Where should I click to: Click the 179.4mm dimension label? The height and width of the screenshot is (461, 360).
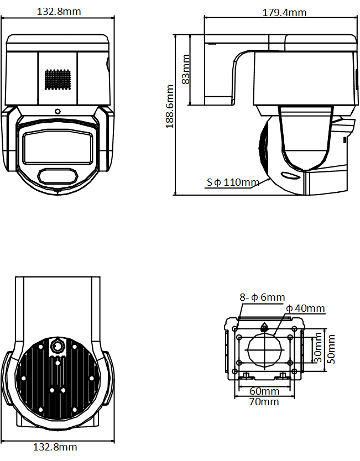[284, 12]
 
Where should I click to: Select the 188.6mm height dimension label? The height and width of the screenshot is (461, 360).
[170, 106]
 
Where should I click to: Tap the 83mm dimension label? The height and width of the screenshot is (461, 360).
[186, 69]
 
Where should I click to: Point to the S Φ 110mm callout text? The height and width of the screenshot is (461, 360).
[233, 182]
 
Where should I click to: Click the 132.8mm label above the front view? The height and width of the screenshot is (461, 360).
[59, 12]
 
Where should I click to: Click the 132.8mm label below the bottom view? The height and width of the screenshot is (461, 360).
[55, 447]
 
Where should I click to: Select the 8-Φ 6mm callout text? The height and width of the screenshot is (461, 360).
[262, 297]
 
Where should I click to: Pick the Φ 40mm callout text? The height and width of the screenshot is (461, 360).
[305, 308]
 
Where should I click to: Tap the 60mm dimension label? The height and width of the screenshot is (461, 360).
[264, 391]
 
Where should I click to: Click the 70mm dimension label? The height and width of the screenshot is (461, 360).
[264, 401]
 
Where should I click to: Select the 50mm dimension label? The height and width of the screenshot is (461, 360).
[331, 348]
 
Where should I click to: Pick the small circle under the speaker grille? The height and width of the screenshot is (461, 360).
[58, 111]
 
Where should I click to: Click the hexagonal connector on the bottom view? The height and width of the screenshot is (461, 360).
[58, 347]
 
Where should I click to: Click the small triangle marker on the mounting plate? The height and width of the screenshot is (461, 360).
[264, 326]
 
